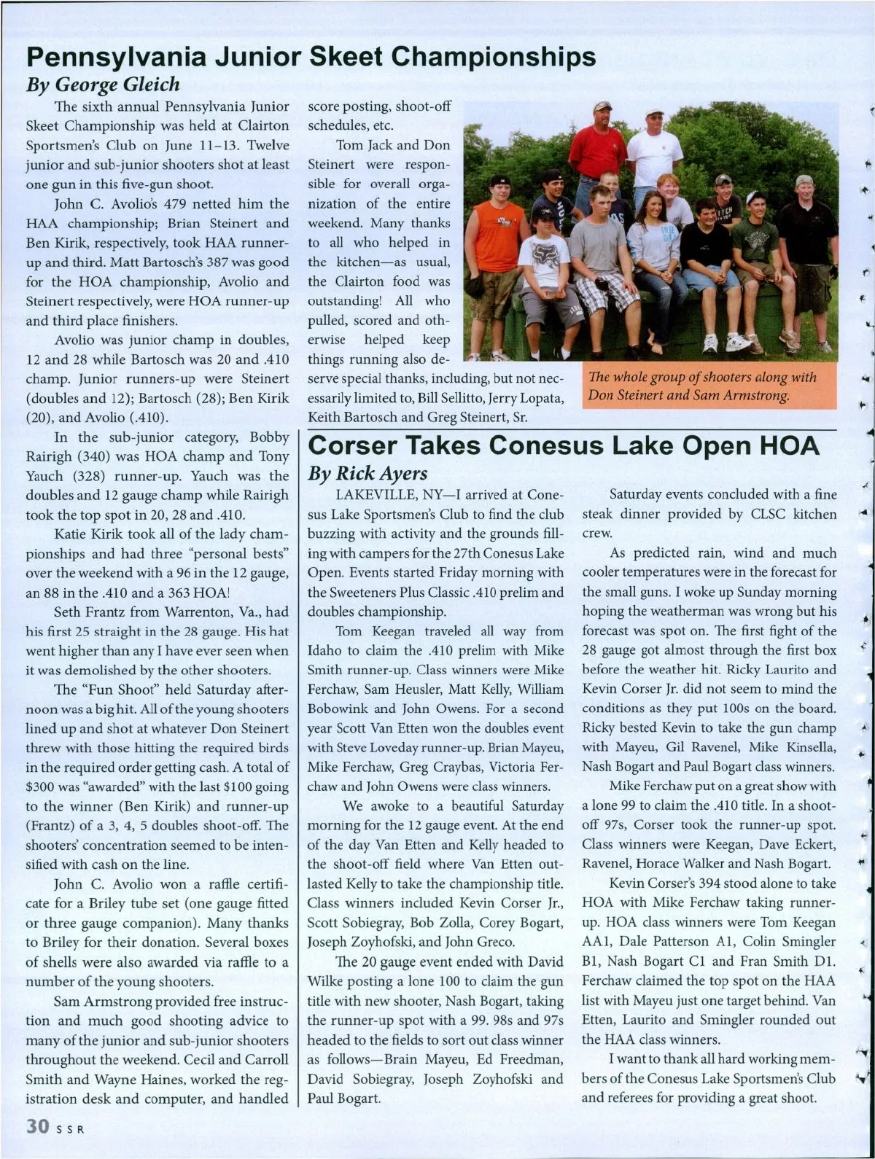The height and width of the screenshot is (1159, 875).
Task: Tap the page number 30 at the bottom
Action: [x=37, y=1126]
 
